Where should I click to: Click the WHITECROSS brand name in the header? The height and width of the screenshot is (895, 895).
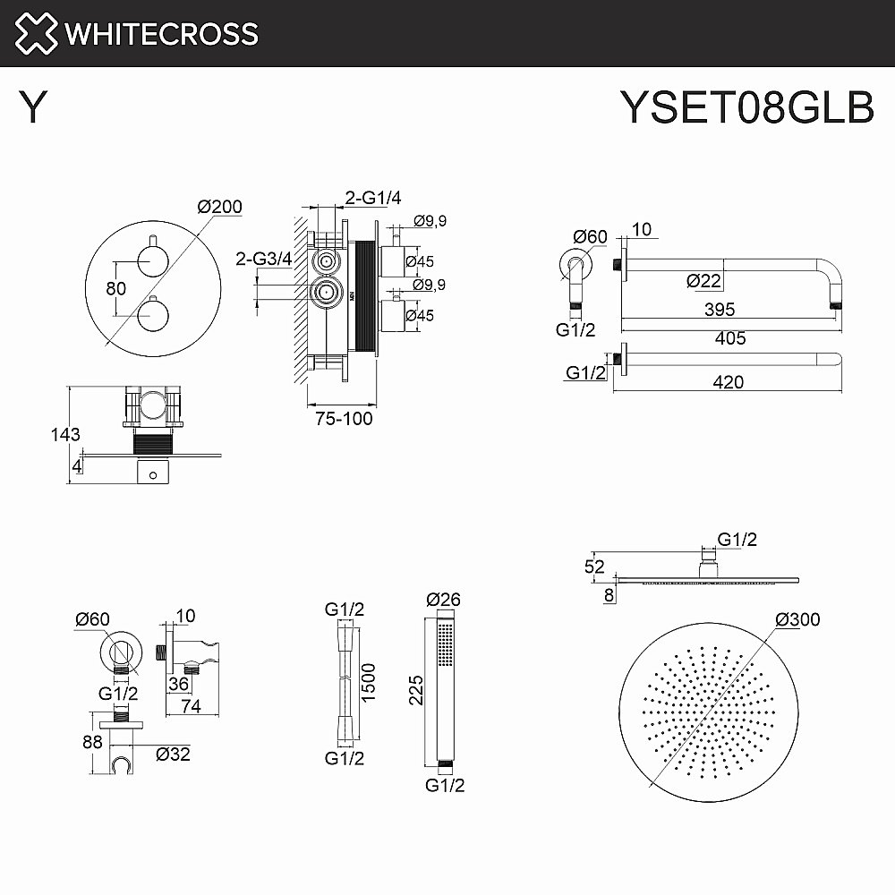(x=162, y=34)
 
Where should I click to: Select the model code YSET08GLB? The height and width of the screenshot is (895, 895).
(x=746, y=109)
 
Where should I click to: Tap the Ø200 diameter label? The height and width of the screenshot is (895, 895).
(x=219, y=207)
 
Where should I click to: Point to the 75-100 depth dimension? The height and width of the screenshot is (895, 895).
(x=344, y=418)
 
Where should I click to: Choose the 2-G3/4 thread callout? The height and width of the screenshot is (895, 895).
(x=263, y=259)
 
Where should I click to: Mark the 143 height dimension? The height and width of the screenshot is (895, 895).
(x=65, y=435)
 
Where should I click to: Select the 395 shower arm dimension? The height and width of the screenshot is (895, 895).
(x=720, y=310)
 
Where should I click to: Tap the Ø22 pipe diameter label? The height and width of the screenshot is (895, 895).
(x=704, y=280)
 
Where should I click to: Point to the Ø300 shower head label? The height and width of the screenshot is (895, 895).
(x=797, y=619)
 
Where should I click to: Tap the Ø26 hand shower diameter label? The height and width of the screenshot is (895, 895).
(x=444, y=599)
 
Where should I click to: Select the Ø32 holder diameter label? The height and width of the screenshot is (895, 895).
(x=170, y=754)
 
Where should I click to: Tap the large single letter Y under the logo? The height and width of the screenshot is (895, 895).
(x=34, y=109)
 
